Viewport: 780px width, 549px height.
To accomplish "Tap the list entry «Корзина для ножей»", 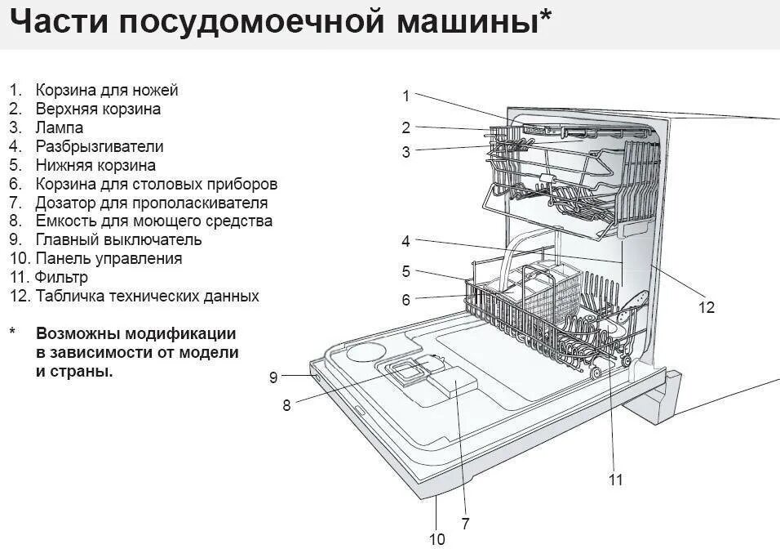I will pyautogui.click(x=106, y=90).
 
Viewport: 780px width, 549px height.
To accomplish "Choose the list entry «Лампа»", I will pyautogui.click(x=59, y=127).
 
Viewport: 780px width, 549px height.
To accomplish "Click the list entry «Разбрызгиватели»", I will pyautogui.click(x=99, y=146).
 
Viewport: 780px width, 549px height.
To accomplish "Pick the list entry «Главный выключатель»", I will pyautogui.click(x=118, y=239).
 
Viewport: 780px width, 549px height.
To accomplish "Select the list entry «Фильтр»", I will pyautogui.click(x=61, y=277).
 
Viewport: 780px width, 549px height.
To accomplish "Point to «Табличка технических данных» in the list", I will pyautogui.click(x=147, y=296).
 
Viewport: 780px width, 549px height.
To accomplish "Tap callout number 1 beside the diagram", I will pyautogui.click(x=406, y=96).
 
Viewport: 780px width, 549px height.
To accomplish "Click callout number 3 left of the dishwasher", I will pyautogui.click(x=406, y=151).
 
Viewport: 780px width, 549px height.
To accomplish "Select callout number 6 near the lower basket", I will pyautogui.click(x=406, y=300).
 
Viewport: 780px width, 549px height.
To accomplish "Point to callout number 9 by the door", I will pyautogui.click(x=273, y=377).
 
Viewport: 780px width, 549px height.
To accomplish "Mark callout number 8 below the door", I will pyautogui.click(x=286, y=404).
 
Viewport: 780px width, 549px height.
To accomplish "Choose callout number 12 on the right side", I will pyautogui.click(x=707, y=307).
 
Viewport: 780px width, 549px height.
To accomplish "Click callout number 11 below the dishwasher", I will pyautogui.click(x=616, y=480).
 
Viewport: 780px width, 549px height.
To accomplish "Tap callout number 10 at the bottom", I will pyautogui.click(x=437, y=538).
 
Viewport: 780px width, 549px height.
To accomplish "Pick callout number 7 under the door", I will pyautogui.click(x=465, y=524).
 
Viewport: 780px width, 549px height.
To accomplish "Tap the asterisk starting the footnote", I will pyautogui.click(x=12, y=333).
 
